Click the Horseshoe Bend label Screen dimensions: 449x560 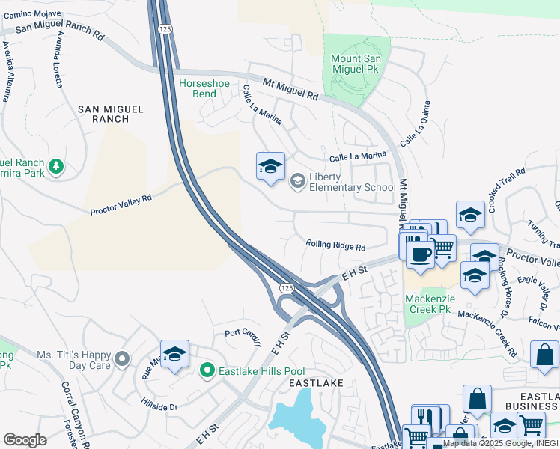click(198, 88)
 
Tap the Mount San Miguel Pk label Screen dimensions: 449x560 click(356, 64)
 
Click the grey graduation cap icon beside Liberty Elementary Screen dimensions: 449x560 click(297, 180)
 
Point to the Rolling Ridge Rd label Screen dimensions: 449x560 click(335, 246)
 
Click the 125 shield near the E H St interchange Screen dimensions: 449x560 click(287, 287)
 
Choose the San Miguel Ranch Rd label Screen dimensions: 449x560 click(60, 30)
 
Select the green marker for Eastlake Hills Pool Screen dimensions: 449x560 click(207, 370)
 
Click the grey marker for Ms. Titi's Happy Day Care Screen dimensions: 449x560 click(123, 359)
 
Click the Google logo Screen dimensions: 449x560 click(25, 440)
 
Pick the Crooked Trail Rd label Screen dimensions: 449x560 click(503, 189)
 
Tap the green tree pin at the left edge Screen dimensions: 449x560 click(55, 166)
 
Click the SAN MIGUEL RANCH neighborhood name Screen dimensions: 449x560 click(111, 114)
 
